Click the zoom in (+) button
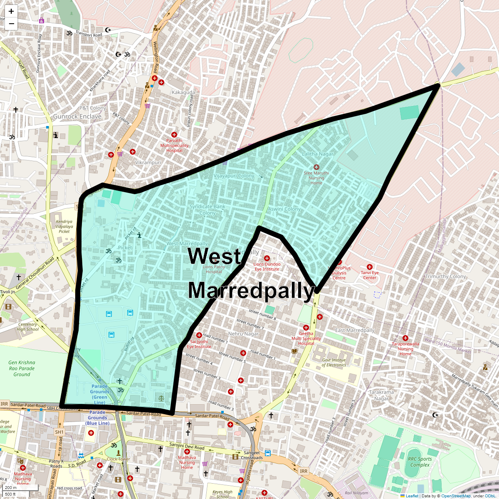click(x=11, y=11)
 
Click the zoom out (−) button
click(x=11, y=24)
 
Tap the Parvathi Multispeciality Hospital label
click(x=174, y=146)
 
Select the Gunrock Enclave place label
click(x=77, y=116)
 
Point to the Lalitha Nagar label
click(x=318, y=154)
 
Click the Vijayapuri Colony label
click(x=234, y=176)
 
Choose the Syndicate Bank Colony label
click(x=207, y=210)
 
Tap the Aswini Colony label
click(x=284, y=209)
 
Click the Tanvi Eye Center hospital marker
click(x=369, y=267)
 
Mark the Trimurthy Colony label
click(x=446, y=277)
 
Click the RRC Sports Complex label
click(x=420, y=462)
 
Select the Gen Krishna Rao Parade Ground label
click(x=22, y=368)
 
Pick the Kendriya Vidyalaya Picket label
click(x=64, y=227)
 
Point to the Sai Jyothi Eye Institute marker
click(x=199, y=336)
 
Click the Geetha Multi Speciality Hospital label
click(x=306, y=338)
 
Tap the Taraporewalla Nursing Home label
click(x=405, y=349)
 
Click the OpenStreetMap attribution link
click(x=456, y=496)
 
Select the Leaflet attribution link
click(x=412, y=496)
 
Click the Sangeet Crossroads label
click(x=252, y=455)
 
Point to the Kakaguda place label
click(x=183, y=92)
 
